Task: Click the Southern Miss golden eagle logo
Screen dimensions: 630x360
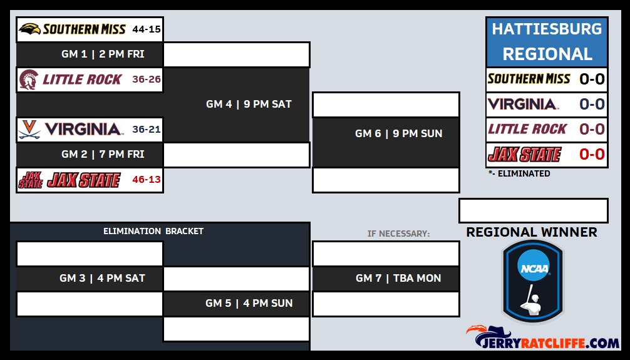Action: tap(29, 29)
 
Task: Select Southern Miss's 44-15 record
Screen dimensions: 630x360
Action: tap(147, 29)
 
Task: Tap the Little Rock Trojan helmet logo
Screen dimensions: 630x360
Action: tap(29, 80)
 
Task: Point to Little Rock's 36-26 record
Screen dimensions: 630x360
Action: tap(147, 80)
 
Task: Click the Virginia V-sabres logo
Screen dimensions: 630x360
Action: tap(29, 130)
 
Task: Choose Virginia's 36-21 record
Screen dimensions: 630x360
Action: tap(147, 130)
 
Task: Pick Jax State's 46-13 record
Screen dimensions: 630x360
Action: tap(147, 180)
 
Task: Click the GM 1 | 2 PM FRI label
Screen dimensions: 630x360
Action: tap(103, 54)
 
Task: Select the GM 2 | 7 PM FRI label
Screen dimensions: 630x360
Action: tap(103, 154)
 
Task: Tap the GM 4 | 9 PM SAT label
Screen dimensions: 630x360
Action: tap(249, 105)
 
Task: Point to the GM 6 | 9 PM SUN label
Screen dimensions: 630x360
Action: tap(398, 134)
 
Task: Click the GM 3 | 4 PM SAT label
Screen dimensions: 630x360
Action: tap(102, 279)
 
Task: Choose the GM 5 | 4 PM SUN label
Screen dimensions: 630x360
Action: tap(249, 304)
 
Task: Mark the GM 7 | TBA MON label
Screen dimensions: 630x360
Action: tap(398, 279)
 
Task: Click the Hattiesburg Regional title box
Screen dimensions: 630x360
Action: tap(547, 42)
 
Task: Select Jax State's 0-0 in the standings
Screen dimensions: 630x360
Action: tap(592, 154)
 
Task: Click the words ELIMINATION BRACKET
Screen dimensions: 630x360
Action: tap(153, 232)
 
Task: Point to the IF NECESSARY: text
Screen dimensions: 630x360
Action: tap(398, 234)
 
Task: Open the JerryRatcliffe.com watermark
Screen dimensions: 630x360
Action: tap(542, 337)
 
